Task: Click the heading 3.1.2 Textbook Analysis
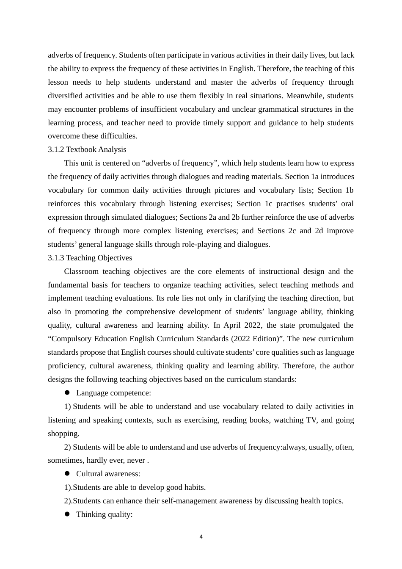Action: click(87, 149)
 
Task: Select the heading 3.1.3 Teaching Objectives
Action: click(90, 258)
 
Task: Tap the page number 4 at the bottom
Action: click(201, 537)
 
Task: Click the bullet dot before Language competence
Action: click(67, 393)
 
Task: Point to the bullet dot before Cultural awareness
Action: click(67, 474)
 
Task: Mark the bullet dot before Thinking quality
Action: click(67, 514)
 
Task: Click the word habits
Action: click(193, 487)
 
